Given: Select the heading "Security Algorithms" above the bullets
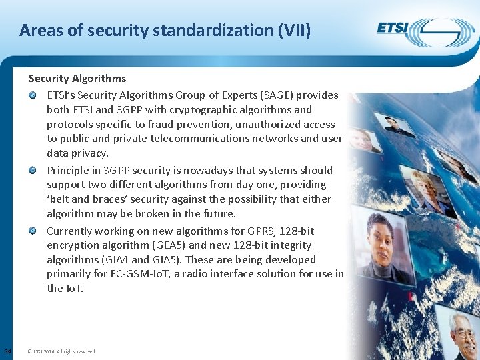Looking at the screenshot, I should point(77,79).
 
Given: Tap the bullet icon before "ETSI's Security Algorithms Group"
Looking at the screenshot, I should point(32,95).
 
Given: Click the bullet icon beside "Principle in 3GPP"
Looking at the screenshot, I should point(32,171).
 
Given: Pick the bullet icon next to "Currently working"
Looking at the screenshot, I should point(32,231).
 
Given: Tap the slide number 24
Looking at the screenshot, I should point(7,351).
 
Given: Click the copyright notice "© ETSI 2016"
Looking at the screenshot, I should point(64,351).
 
